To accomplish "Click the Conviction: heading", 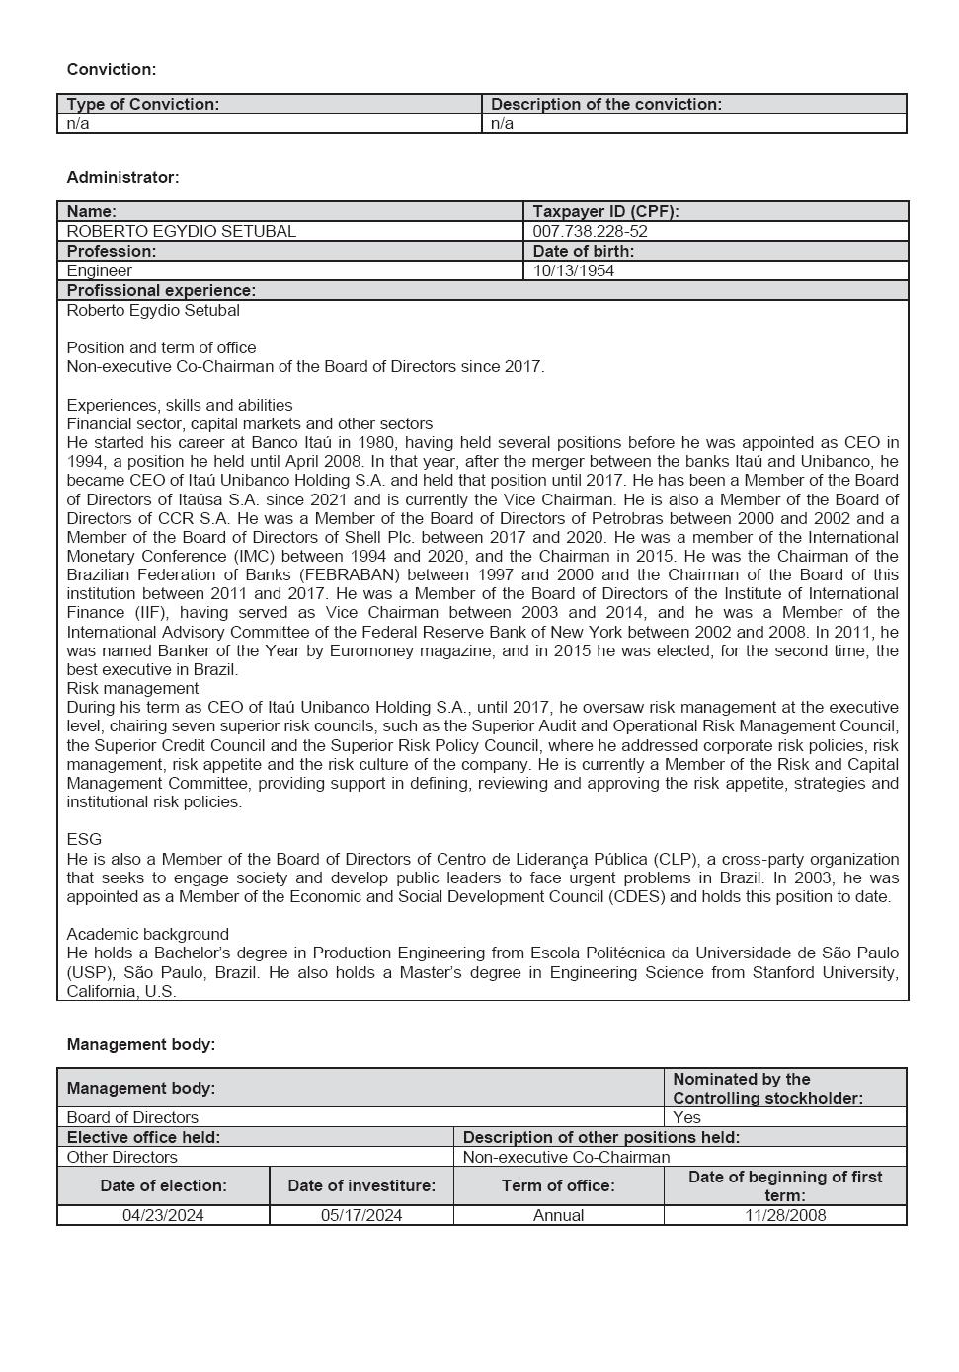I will [x=112, y=70].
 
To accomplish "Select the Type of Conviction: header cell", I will [x=143, y=104].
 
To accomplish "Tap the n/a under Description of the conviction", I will [x=502, y=124].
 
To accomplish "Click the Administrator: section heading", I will [x=122, y=178].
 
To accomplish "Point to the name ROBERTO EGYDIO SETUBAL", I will [x=181, y=231].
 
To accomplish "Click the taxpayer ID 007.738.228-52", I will [x=590, y=231].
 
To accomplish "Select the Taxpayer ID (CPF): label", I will [x=605, y=211].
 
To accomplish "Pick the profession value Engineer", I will [x=99, y=270].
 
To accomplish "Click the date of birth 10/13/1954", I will [x=573, y=270].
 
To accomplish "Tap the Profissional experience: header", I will [x=161, y=290].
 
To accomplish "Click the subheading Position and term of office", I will [x=161, y=347].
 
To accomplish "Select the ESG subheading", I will [x=84, y=839].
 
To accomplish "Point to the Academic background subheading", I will [x=147, y=934].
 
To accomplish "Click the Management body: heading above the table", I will [x=140, y=1044].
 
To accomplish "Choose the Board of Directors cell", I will [x=132, y=1117].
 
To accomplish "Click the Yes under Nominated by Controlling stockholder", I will [x=686, y=1117].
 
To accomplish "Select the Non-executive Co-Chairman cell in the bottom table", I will [x=566, y=1157].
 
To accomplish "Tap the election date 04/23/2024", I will [x=163, y=1215].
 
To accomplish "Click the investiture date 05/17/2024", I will [x=361, y=1215].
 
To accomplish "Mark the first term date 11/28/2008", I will [x=785, y=1215].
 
